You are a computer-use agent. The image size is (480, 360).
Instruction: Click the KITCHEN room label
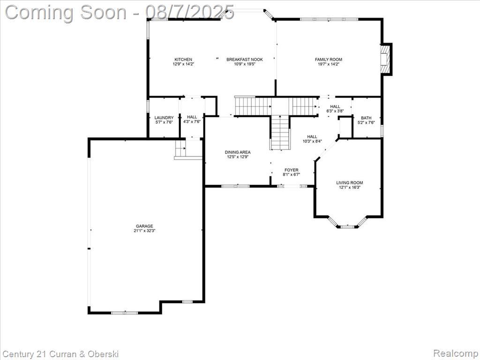(183, 60)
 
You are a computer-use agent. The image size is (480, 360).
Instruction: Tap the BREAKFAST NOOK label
(245, 60)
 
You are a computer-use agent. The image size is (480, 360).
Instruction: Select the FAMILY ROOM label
(329, 60)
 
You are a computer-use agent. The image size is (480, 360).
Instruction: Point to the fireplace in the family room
(386, 59)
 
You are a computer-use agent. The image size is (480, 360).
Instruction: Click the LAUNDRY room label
(164, 118)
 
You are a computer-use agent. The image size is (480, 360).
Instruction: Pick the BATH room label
(366, 118)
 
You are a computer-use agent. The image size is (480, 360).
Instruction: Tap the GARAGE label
(144, 226)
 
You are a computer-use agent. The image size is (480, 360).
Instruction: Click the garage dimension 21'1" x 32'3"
(144, 231)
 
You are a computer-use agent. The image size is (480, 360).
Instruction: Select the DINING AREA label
(238, 152)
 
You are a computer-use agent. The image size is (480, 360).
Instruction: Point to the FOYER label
(292, 170)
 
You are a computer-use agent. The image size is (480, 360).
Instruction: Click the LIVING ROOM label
(350, 183)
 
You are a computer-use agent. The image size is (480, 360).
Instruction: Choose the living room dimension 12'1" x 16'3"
(350, 187)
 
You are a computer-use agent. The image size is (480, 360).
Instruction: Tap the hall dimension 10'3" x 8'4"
(312, 141)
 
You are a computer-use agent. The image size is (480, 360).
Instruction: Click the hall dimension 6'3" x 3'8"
(335, 111)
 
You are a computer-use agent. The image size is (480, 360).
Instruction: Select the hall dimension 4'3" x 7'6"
(192, 121)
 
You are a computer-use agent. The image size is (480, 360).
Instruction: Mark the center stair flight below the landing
(280, 132)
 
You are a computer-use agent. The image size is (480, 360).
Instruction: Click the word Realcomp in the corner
(456, 353)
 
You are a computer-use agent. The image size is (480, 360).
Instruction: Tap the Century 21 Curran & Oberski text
(60, 354)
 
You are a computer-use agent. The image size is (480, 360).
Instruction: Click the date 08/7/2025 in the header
(190, 12)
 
